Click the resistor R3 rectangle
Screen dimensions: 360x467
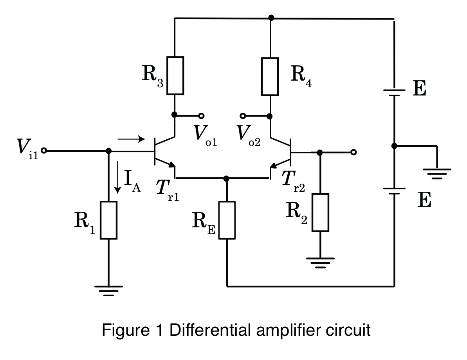[175, 76]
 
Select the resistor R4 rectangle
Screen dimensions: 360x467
[270, 76]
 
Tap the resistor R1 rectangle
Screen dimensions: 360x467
[108, 220]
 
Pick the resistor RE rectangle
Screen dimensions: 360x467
[227, 220]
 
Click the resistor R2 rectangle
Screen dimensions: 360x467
[320, 212]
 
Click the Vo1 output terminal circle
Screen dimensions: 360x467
[202, 116]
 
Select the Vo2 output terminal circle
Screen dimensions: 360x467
[243, 116]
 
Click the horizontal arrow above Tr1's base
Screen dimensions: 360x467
[131, 139]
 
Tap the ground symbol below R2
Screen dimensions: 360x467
[320, 263]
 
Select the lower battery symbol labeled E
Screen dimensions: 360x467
[394, 191]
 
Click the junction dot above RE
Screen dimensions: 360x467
[226, 178]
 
